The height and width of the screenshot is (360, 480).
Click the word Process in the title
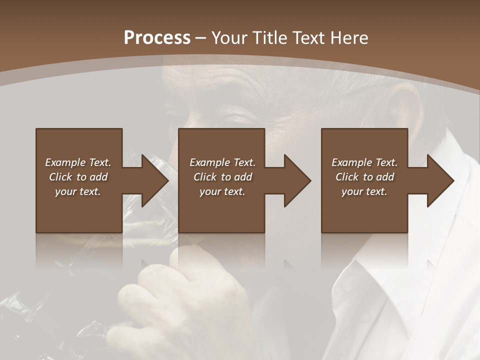click(157, 38)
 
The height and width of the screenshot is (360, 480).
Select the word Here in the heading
click(348, 38)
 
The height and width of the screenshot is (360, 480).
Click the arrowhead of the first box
click(154, 180)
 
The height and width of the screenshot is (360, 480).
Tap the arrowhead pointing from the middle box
click(297, 180)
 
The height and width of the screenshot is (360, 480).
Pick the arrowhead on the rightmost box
click(440, 180)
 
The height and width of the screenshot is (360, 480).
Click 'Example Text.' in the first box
click(78, 162)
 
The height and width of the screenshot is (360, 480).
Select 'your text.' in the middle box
click(222, 191)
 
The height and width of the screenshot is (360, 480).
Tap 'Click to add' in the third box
click(364, 177)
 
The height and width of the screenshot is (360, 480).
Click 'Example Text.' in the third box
click(364, 162)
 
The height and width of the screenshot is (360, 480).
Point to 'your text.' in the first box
click(78, 191)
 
